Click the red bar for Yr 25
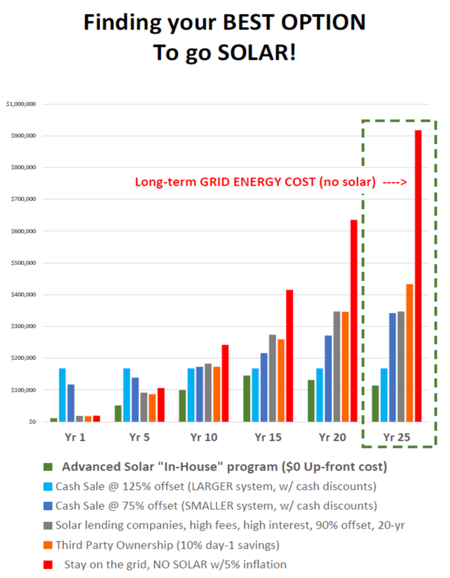[x=418, y=276]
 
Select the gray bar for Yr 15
[x=273, y=378]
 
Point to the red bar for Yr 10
[x=225, y=383]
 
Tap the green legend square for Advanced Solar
[x=48, y=467]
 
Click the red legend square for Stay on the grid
[x=48, y=564]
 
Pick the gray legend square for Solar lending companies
[x=48, y=525]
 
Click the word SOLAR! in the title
[x=249, y=53]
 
